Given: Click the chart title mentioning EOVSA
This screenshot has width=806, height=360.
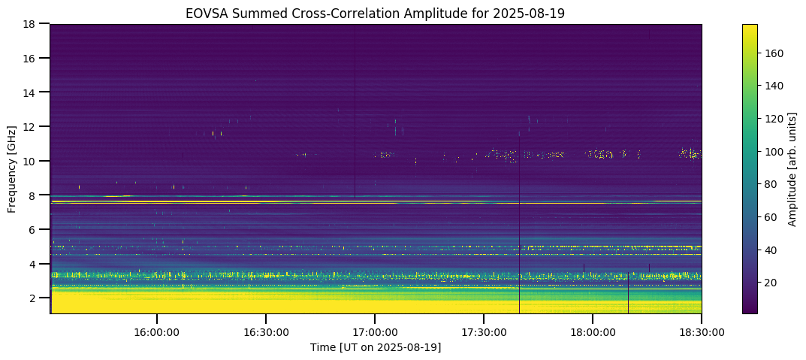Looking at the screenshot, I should click(376, 14).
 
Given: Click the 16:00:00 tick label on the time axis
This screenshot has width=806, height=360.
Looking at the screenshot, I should click(156, 331).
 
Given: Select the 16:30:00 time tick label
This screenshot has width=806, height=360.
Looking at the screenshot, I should click(266, 331).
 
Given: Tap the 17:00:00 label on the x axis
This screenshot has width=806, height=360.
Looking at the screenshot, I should click(375, 331).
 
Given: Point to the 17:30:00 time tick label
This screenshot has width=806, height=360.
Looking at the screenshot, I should click(484, 331).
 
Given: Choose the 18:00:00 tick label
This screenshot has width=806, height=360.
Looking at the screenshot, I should click(593, 331).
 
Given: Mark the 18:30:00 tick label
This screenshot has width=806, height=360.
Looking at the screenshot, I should click(702, 331).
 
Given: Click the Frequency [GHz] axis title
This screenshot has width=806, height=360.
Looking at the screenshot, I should click(12, 169).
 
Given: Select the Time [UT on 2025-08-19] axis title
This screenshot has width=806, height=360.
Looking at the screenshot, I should click(376, 347).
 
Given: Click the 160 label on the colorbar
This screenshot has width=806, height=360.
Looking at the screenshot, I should click(774, 53).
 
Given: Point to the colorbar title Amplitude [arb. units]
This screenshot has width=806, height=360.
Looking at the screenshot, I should click(792, 169).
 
